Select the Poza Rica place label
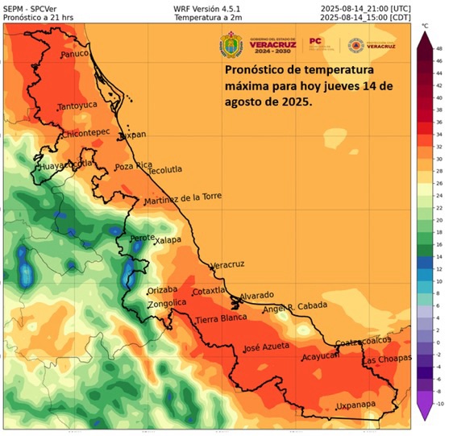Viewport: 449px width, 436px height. [x=134, y=166]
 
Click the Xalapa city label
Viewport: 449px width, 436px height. [x=168, y=239]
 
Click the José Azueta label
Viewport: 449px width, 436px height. [x=265, y=349]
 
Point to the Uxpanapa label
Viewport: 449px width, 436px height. [x=358, y=405]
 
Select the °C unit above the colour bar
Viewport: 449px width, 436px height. [x=425, y=26]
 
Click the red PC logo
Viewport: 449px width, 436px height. [x=316, y=40]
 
